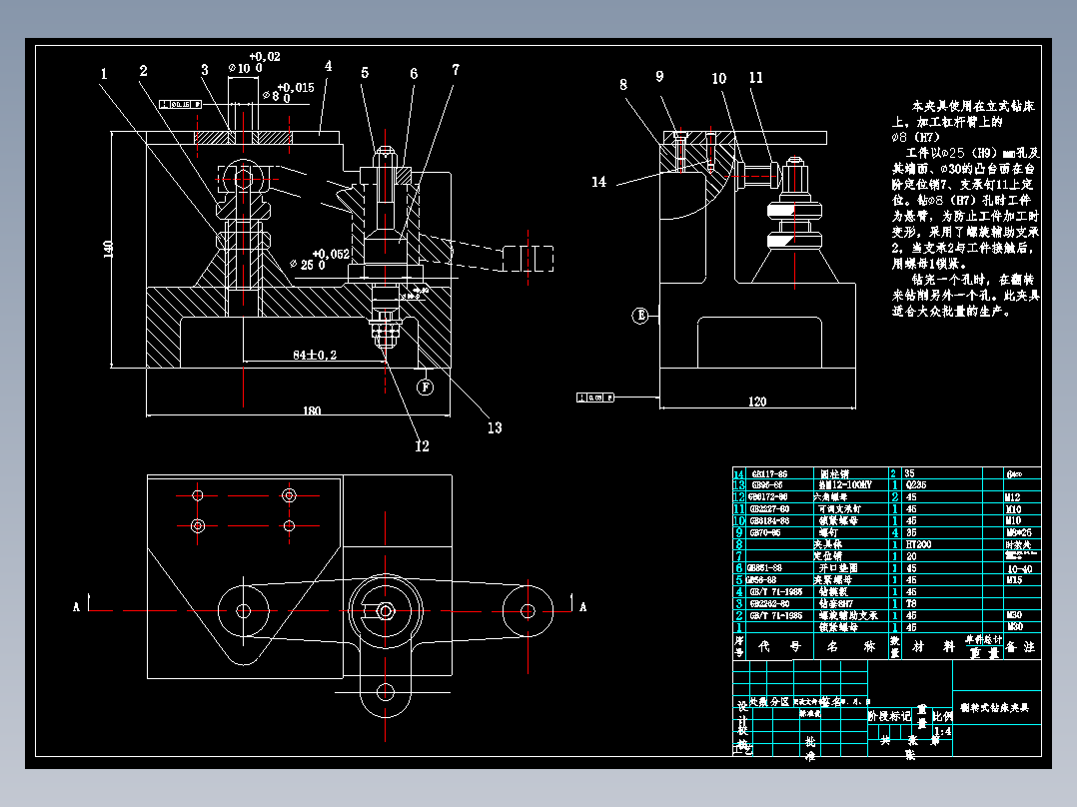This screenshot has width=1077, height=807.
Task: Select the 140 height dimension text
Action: [x=111, y=250]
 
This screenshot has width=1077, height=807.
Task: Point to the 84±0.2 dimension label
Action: [x=315, y=355]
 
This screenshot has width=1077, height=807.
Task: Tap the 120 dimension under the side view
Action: [x=756, y=402]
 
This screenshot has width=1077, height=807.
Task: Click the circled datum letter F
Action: [x=426, y=386]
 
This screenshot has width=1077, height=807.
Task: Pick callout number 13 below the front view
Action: [x=494, y=427]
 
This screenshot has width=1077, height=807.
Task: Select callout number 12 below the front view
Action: [x=422, y=445]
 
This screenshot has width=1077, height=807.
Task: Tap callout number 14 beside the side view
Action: [x=598, y=182]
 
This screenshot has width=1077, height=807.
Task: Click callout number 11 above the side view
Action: [x=755, y=77]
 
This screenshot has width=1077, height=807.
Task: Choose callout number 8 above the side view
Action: [x=623, y=85]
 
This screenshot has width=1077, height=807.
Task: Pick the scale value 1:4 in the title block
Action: [x=941, y=730]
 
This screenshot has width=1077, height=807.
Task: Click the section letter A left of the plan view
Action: [x=75, y=605]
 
